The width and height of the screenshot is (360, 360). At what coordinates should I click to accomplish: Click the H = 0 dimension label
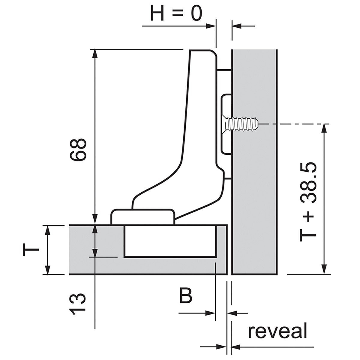pos(176,13)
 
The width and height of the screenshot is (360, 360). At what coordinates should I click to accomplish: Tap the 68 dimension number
pos(78,149)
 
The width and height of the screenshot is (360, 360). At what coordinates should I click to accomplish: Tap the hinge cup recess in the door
pos(170,241)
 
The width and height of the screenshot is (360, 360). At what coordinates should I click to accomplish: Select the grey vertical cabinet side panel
pos(254,162)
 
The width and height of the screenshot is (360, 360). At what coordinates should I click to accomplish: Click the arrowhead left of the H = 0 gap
pos(211,26)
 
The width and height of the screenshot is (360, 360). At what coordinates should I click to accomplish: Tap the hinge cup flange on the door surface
pos(143,217)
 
